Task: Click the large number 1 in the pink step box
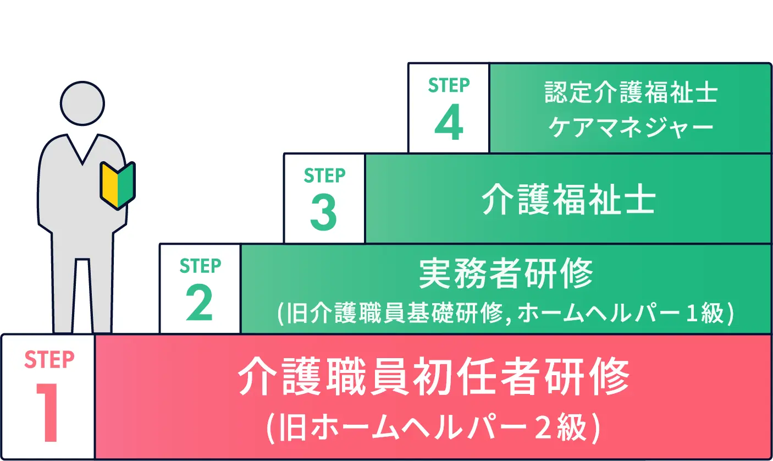[x=48, y=411]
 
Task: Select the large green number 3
[x=324, y=213]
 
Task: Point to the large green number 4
[x=448, y=123]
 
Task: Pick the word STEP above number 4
[x=449, y=85]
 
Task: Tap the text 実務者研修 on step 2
[x=506, y=273]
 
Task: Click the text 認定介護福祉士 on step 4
[x=631, y=94]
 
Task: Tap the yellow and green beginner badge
[x=118, y=185]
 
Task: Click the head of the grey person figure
[x=82, y=104]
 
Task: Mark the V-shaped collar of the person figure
[x=82, y=149]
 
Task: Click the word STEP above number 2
[x=200, y=266]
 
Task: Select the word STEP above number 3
[x=324, y=175]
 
